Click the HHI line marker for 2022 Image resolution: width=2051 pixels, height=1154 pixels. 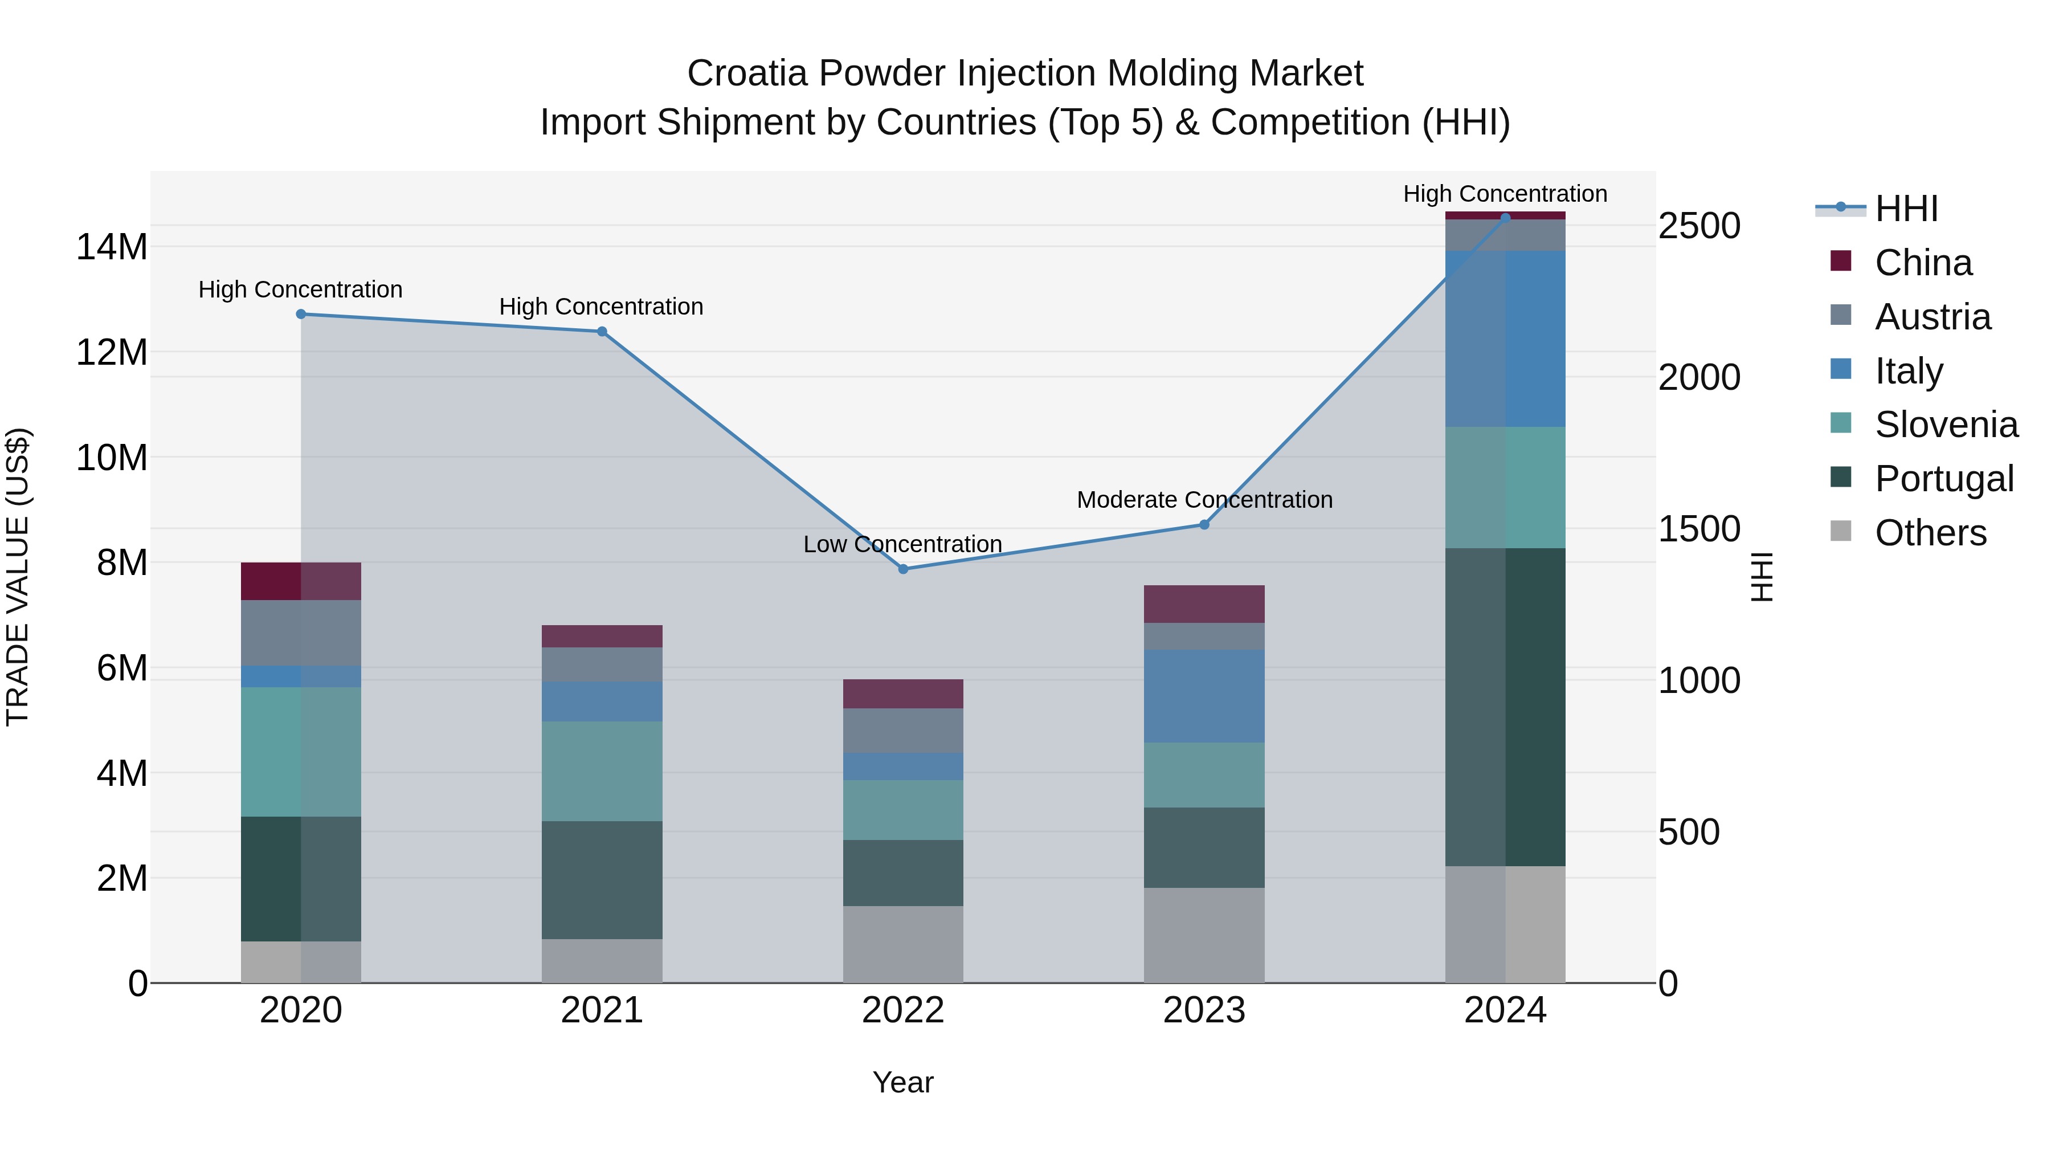903,569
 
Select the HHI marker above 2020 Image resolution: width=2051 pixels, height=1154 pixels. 301,314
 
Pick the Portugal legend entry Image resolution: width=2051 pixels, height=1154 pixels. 1943,479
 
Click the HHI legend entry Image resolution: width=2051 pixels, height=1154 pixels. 1906,209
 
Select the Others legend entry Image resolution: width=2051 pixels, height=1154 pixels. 1930,533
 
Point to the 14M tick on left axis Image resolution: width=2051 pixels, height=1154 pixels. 112,247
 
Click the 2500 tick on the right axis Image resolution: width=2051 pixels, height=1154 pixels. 1699,226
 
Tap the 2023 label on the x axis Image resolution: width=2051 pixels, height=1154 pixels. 1204,1010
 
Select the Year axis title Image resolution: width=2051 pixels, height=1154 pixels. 903,1082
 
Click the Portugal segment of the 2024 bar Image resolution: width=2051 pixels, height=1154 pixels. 1505,707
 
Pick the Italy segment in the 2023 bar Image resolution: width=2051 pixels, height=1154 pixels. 1204,695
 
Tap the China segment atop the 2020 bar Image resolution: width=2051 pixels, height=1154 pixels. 301,581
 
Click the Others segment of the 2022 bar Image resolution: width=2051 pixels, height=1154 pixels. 903,944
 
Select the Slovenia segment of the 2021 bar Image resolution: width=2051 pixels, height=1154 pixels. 602,771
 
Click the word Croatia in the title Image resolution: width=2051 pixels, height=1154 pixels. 747,74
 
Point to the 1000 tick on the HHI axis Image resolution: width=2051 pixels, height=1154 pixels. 1699,681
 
